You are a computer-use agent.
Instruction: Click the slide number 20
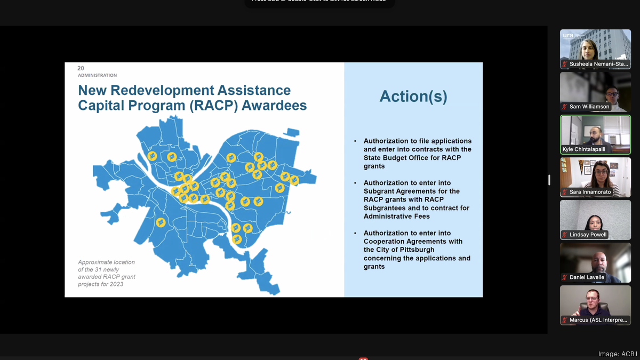81,68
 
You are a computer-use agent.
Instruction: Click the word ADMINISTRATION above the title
98,75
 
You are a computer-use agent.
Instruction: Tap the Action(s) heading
413,97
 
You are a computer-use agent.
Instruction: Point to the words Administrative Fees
397,217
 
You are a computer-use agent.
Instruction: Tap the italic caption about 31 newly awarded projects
107,273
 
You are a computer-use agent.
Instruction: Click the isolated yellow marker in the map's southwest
161,222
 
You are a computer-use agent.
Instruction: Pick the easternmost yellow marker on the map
294,180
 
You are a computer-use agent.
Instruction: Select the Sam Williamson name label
589,107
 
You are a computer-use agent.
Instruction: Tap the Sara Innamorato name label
590,192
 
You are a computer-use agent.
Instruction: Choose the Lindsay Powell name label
588,235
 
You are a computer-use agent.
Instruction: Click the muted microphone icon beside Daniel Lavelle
565,277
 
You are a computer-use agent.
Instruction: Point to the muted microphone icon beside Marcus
565,320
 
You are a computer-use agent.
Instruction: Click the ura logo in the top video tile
568,35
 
